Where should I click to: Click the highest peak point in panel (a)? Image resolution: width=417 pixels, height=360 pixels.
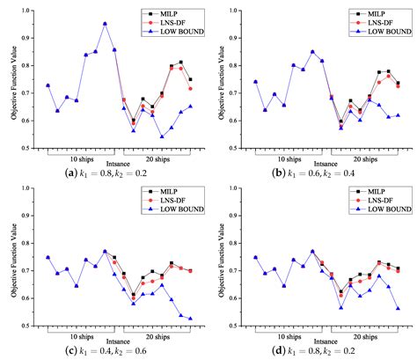pos(105,24)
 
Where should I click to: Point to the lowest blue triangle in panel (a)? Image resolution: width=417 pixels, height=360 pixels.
pos(162,136)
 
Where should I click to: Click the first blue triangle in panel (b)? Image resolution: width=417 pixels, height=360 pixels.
pos(230,81)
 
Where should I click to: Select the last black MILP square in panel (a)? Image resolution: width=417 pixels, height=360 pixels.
pos(190,79)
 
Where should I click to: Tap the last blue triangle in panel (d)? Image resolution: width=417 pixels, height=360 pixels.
pos(398,308)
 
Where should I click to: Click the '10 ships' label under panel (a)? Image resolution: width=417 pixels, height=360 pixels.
pos(77,158)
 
